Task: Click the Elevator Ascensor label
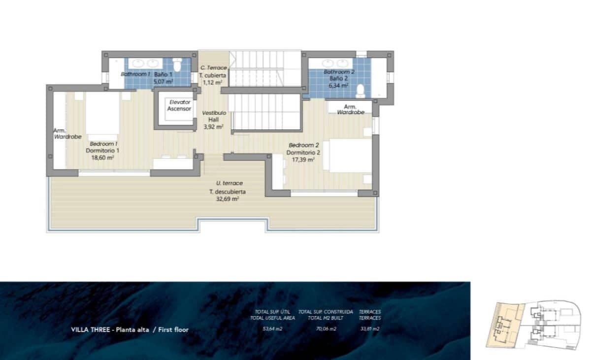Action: (179, 105)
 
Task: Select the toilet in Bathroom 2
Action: (361, 91)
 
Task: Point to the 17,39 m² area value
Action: (304, 160)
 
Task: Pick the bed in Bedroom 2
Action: (350, 156)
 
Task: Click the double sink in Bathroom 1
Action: (145, 63)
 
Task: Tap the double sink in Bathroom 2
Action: (335, 63)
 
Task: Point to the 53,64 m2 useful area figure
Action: (272, 329)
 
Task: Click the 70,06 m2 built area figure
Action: (326, 329)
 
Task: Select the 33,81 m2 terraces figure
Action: (369, 329)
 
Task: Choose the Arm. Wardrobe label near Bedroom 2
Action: (351, 109)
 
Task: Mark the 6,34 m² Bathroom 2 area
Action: (339, 85)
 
